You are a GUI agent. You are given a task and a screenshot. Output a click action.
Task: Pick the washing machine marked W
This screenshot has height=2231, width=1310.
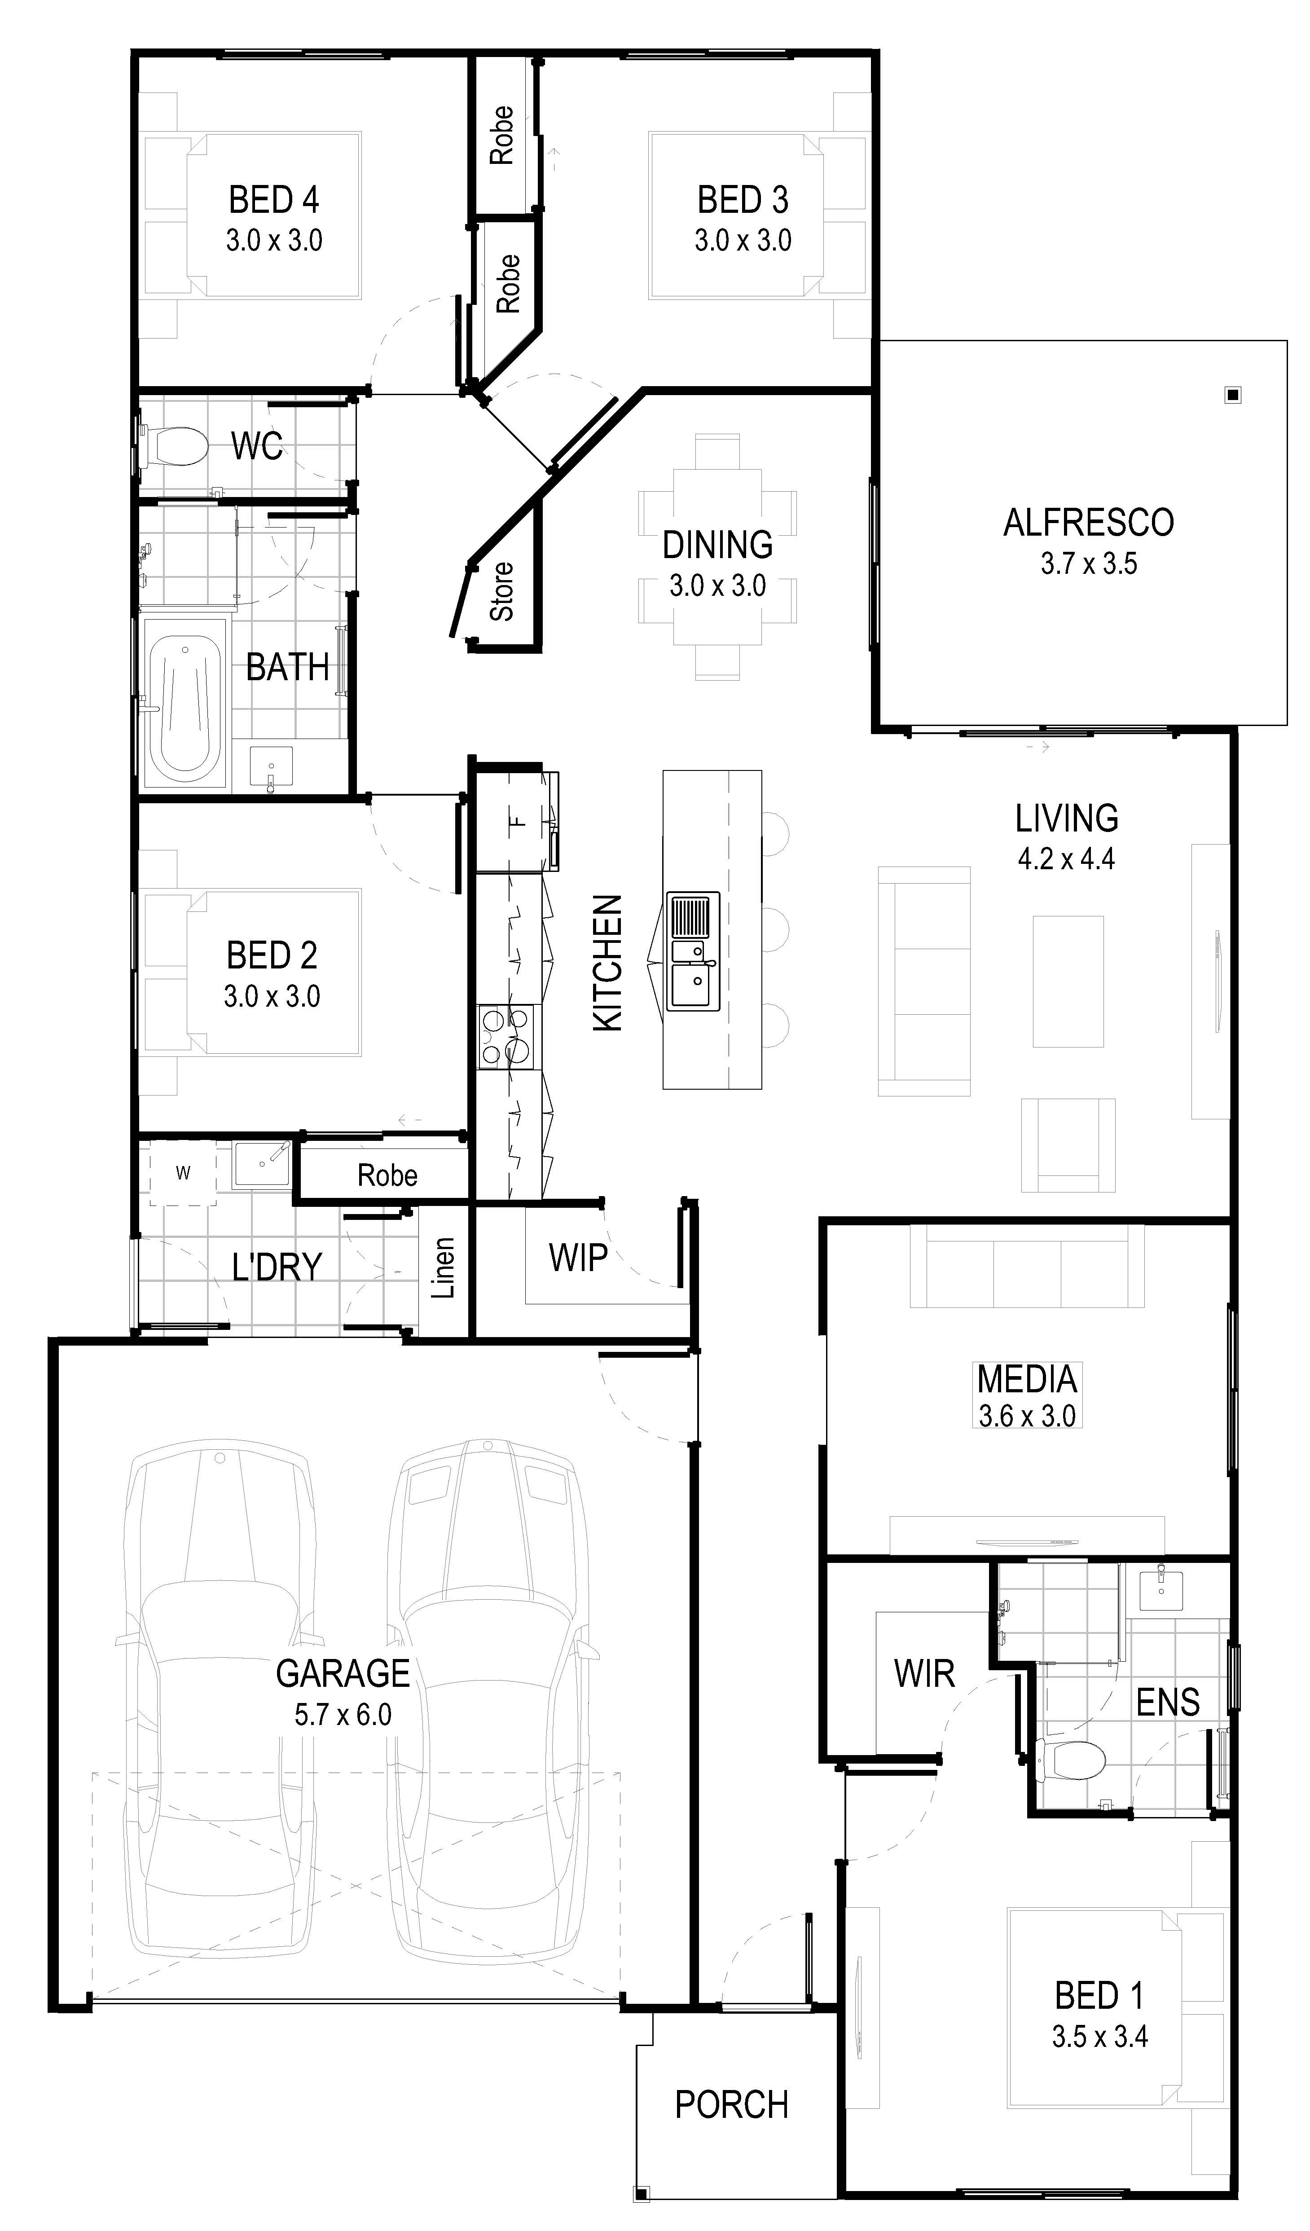(x=182, y=1173)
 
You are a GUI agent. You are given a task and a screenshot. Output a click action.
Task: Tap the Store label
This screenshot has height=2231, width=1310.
(x=502, y=591)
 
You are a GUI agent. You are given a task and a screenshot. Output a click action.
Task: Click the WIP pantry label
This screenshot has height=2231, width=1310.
(x=578, y=1257)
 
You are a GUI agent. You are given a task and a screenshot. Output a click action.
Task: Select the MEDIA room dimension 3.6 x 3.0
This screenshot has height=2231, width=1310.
(x=1027, y=1416)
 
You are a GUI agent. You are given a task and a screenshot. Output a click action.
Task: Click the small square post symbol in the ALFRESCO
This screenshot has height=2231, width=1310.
(x=1233, y=395)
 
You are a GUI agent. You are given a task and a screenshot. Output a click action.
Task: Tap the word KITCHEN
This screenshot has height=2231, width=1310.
(x=607, y=963)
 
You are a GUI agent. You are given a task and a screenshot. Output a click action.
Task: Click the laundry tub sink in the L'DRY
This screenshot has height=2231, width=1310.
(x=261, y=1164)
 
